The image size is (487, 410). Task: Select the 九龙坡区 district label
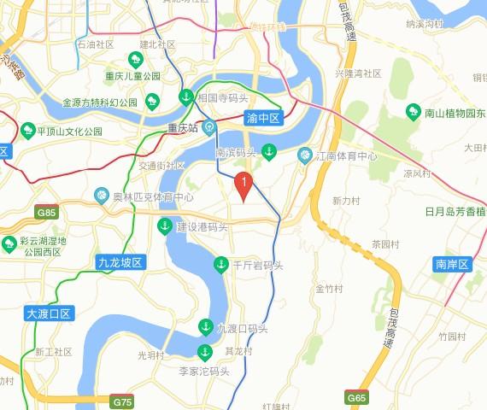tap(119, 262)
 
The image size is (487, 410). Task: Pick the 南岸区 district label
tap(452, 264)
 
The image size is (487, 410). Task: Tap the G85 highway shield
tap(46, 212)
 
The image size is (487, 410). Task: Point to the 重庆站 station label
tap(182, 129)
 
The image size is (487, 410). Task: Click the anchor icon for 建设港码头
tap(164, 226)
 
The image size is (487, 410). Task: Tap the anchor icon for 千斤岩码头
tap(220, 265)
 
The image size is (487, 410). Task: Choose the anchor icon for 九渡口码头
tap(205, 326)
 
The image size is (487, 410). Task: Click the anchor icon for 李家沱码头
tap(204, 352)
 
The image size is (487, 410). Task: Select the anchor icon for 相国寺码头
tap(185, 98)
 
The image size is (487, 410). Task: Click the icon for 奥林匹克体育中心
tap(102, 196)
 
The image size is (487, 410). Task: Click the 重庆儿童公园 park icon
tap(135, 59)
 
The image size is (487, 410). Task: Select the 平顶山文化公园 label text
tap(69, 132)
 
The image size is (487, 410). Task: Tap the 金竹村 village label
tap(329, 289)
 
